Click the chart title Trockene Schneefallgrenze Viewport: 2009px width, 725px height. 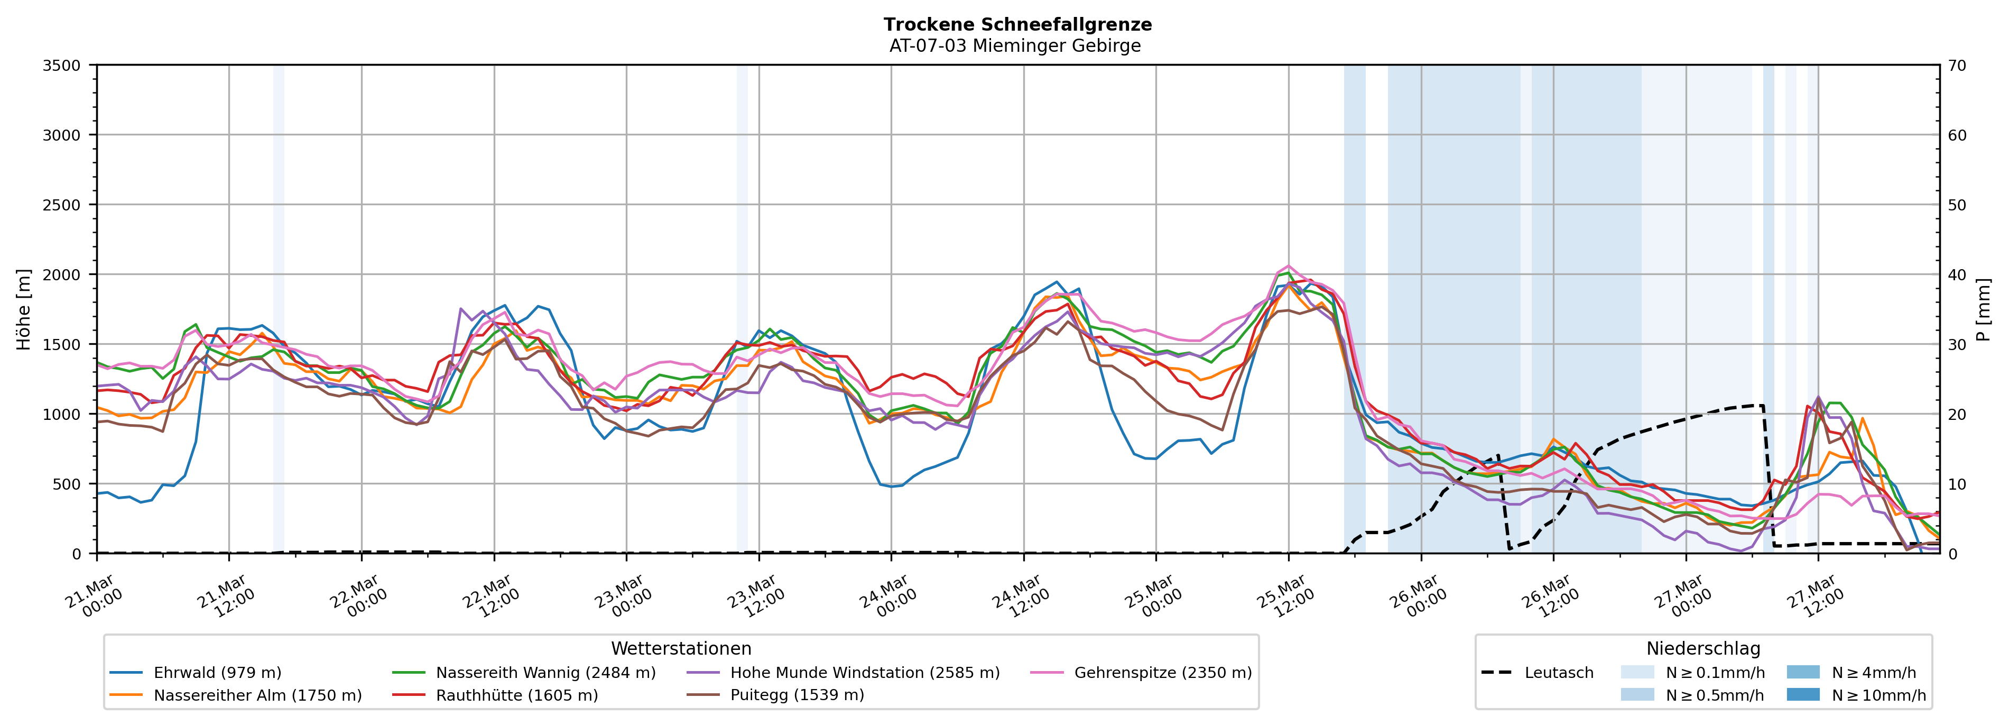click(1017, 24)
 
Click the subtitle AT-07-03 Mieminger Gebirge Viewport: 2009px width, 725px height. click(1015, 46)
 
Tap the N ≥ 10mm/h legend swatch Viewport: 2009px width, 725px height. click(1802, 694)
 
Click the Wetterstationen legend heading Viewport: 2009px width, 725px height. click(681, 648)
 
